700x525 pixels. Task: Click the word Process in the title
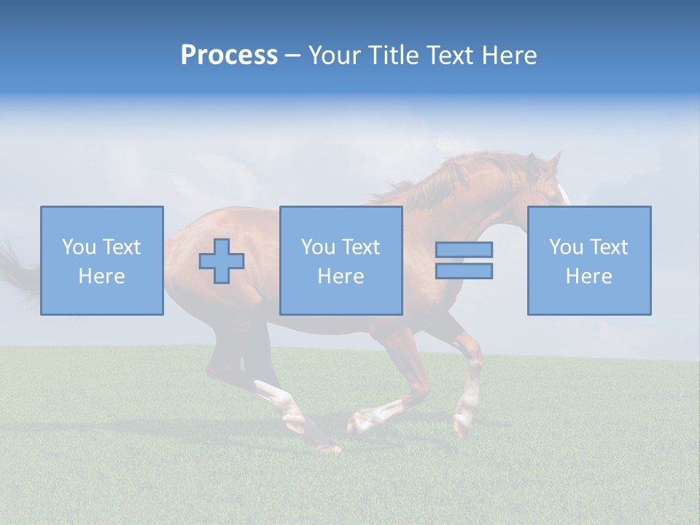(229, 55)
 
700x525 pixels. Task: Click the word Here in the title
(507, 55)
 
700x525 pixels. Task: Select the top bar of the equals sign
(464, 249)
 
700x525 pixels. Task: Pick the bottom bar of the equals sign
(464, 271)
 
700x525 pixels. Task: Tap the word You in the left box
(79, 247)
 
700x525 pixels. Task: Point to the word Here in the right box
(589, 276)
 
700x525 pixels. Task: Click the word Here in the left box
(102, 276)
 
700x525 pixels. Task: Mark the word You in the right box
(566, 247)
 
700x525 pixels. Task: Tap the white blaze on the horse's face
(563, 192)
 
